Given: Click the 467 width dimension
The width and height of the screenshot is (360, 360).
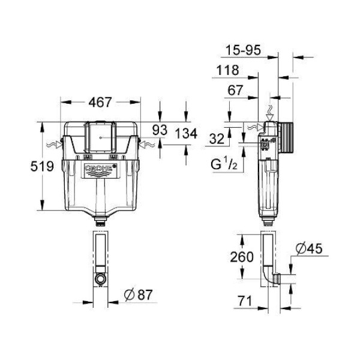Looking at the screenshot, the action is coord(100,102).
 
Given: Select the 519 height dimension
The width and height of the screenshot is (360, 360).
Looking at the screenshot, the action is coord(42,166).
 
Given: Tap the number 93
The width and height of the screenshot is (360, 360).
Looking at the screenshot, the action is coord(160,130).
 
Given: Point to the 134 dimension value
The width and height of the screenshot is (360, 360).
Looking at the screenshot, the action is coord(186,134).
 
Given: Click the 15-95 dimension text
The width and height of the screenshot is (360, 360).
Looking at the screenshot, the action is coord(244,50).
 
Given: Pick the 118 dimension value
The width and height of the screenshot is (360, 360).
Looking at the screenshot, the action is coord(228,70).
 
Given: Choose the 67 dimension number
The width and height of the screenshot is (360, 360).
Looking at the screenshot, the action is coord(235,90).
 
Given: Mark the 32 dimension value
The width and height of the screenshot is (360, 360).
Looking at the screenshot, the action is coord(217,139).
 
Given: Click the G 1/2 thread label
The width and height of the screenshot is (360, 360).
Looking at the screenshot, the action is coord(224,164).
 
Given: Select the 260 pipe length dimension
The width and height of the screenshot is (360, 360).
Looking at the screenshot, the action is coord(242,257).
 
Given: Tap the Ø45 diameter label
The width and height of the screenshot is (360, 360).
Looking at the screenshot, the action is coord(309,248).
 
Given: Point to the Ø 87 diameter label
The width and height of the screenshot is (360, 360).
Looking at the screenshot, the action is coord(138,295).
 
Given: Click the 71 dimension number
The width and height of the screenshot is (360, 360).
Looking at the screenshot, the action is coord(245,301).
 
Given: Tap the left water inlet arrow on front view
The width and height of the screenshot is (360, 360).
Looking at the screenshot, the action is coord(55,145).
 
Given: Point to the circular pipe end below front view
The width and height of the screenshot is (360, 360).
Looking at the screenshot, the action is coord(100,279).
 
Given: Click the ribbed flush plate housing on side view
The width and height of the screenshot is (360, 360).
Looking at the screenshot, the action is coord(286,138).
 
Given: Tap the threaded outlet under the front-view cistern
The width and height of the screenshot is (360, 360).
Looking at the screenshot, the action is coord(100,222).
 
